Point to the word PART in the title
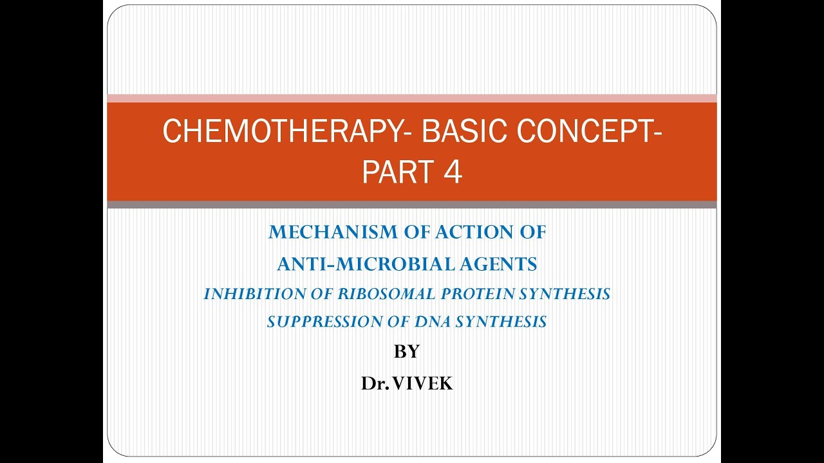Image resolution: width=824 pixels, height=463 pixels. (x=393, y=172)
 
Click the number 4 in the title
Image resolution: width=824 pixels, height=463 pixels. (x=452, y=172)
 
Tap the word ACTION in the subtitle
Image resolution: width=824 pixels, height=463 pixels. (x=469, y=233)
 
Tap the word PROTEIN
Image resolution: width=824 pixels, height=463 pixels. (x=480, y=294)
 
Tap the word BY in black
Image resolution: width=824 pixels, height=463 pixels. (x=406, y=352)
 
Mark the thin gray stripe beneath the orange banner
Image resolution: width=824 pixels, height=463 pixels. (x=411, y=204)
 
